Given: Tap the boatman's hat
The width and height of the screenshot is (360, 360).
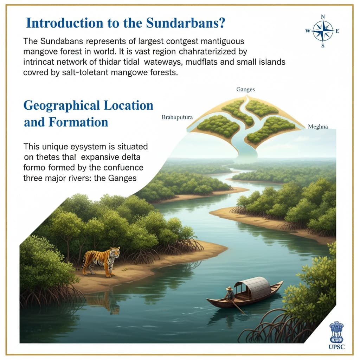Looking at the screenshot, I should pyautogui.click(x=229, y=289).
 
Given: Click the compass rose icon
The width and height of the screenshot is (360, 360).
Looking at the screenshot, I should pyautogui.click(x=323, y=31).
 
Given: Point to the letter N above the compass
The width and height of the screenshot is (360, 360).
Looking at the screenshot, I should pyautogui.click(x=323, y=17).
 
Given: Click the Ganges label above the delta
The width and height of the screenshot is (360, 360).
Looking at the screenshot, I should pyautogui.click(x=245, y=90).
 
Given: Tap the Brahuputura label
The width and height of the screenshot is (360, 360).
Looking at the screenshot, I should pyautogui.click(x=177, y=117).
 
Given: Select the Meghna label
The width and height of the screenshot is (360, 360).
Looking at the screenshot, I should pyautogui.click(x=317, y=127).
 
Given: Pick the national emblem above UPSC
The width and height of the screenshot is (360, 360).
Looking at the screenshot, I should pyautogui.click(x=336, y=332).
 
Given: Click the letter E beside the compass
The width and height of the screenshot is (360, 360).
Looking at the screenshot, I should pyautogui.click(x=337, y=31).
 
